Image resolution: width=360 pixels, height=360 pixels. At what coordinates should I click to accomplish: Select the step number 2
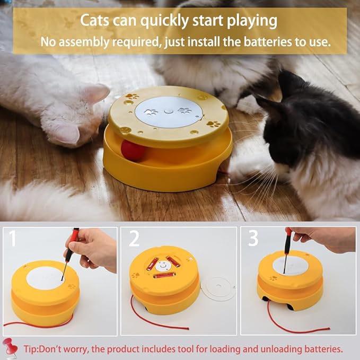pyautogui.click(x=134, y=240)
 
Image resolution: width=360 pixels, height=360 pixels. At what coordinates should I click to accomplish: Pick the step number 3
pyautogui.click(x=253, y=239)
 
